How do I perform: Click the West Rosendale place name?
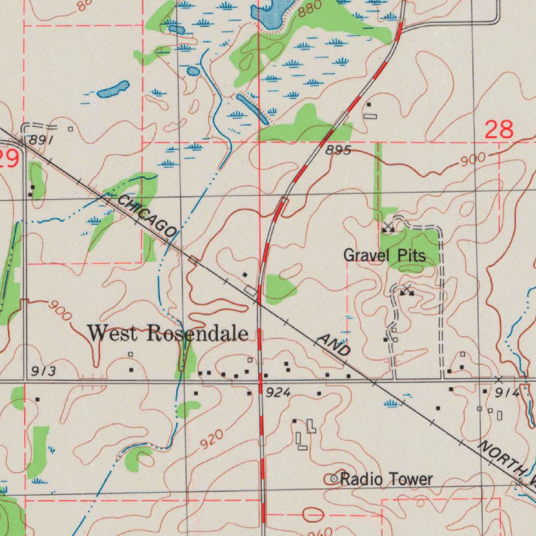tap(167, 333)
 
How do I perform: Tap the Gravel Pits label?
tap(384, 255)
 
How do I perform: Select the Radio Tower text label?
tap(386, 479)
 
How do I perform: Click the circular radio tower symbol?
tap(333, 478)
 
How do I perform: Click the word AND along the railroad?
tap(333, 347)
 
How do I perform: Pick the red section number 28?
tap(499, 129)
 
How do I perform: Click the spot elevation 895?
tap(338, 151)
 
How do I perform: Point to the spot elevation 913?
tap(42, 372)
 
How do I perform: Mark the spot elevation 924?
tap(278, 393)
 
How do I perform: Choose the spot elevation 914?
tap(507, 393)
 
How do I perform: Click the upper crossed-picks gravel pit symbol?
tap(388, 227)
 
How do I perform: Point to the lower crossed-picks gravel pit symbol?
tap(407, 291)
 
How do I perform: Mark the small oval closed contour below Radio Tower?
tap(312, 515)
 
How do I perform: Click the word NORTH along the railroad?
tap(500, 460)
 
